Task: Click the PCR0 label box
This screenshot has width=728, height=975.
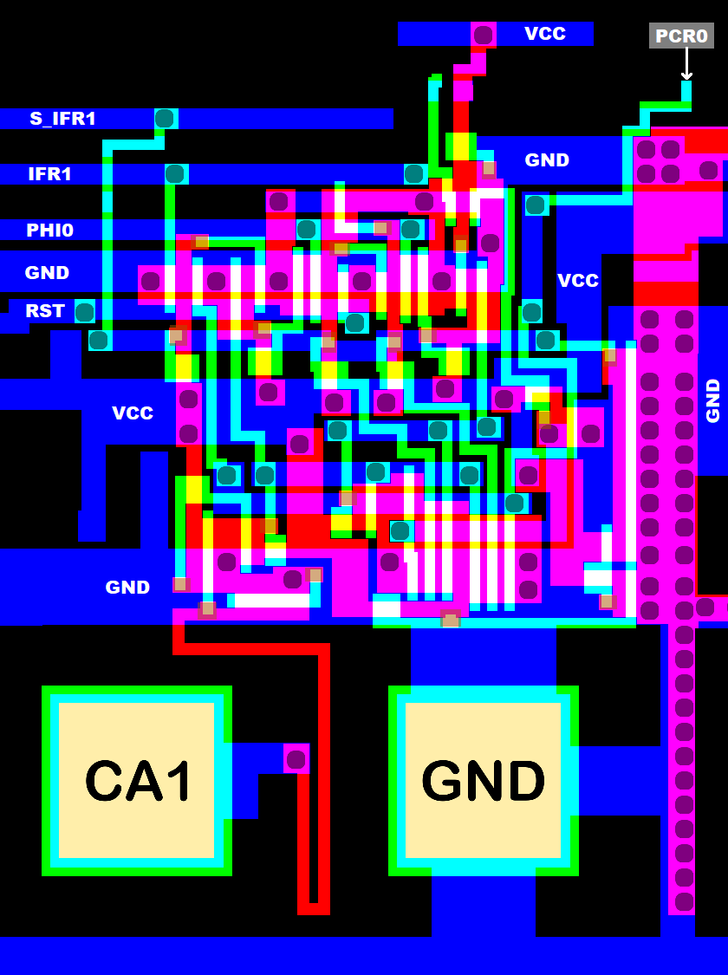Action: coord(681,36)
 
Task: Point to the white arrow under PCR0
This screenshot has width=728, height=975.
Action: coord(686,64)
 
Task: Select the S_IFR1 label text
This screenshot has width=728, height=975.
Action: coord(62,119)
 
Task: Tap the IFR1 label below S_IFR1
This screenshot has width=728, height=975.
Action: coord(49,173)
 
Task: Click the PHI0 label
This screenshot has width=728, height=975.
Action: coord(49,230)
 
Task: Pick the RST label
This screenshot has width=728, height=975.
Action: coord(44,310)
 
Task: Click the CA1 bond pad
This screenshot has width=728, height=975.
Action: coord(137,781)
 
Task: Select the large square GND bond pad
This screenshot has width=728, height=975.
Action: coord(483,781)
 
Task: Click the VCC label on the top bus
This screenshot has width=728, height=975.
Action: coord(544,34)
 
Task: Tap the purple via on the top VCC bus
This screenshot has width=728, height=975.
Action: coord(484,35)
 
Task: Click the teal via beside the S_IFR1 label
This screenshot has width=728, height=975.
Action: coord(164,119)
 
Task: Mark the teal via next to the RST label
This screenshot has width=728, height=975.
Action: coord(84,311)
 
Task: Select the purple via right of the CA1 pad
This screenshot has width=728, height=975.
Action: coord(296,759)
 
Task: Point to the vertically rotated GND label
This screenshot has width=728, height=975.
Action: coord(712,400)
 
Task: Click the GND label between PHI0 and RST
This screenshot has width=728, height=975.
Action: coord(47,272)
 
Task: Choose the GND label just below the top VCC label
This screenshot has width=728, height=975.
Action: coord(547,159)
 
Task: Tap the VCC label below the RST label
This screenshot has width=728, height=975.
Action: coord(132,413)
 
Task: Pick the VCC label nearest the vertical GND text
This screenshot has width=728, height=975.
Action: coord(577,280)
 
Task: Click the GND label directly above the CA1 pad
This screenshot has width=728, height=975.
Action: coord(127,587)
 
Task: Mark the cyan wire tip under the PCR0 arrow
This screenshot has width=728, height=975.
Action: coord(686,91)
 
